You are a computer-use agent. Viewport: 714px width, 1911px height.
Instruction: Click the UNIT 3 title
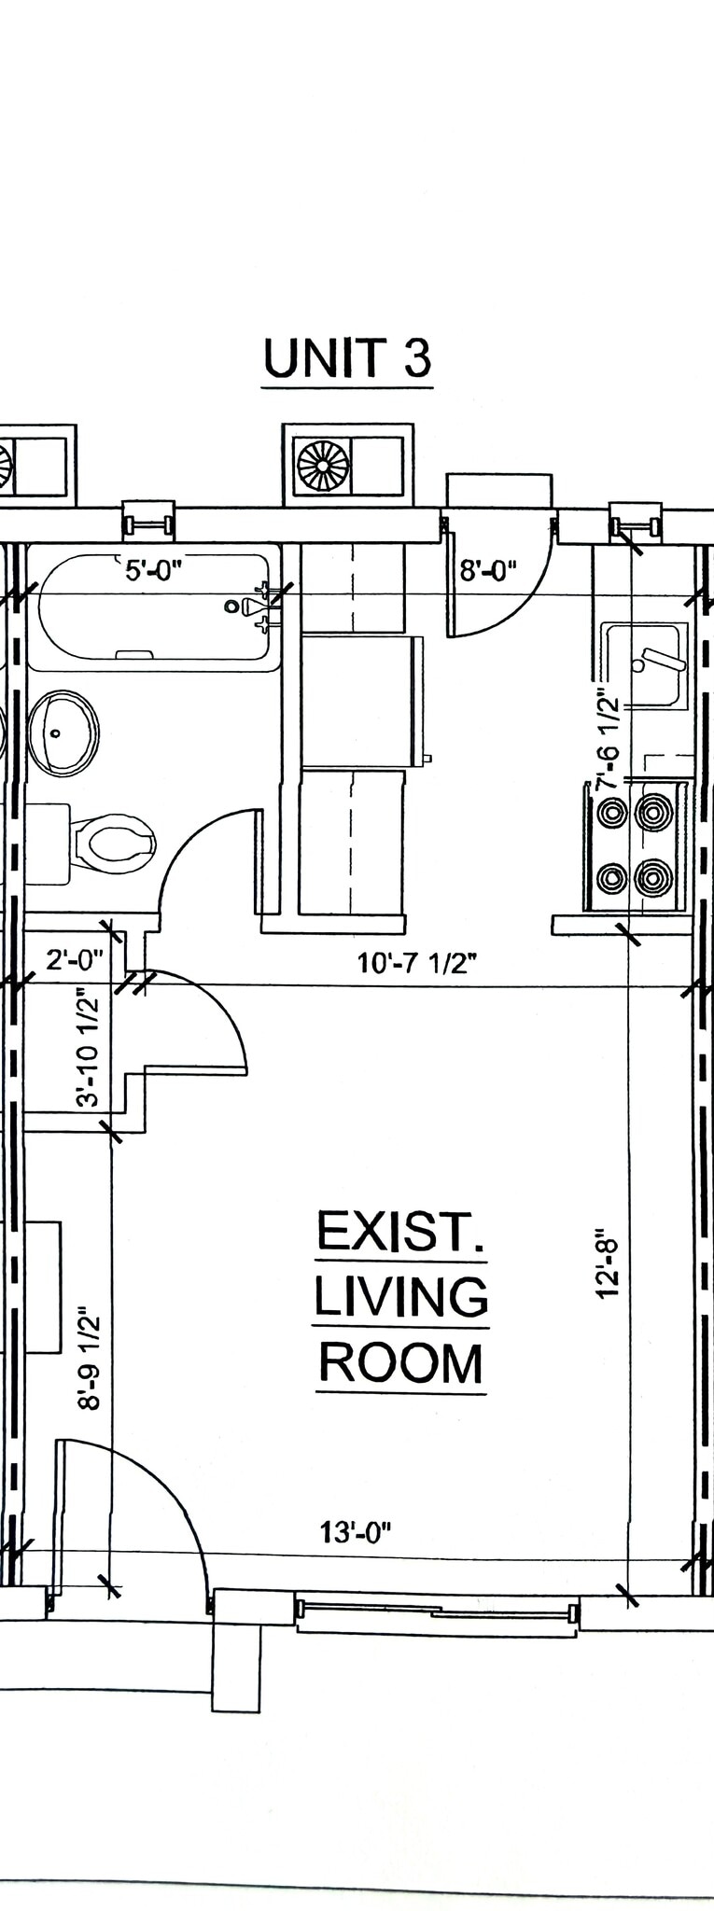(x=347, y=359)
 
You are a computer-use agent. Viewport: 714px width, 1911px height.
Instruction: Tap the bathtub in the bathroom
(x=154, y=612)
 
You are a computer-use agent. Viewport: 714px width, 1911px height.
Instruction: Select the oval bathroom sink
(x=63, y=732)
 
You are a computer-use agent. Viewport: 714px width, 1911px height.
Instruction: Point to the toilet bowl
(x=115, y=843)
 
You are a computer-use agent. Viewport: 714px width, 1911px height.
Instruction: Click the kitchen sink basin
(x=644, y=665)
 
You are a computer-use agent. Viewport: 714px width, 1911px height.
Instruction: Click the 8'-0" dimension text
(x=488, y=570)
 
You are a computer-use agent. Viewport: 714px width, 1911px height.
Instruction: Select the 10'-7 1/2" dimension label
(x=417, y=963)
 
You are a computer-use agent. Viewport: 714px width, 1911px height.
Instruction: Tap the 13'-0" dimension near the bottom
(x=356, y=1532)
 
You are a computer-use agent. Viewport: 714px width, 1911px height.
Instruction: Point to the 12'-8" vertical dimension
(x=608, y=1263)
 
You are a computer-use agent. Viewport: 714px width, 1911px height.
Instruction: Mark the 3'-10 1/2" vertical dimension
(x=88, y=1052)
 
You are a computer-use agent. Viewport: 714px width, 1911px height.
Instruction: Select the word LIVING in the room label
(x=400, y=1297)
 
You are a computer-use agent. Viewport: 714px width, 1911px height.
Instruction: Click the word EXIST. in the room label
(x=400, y=1231)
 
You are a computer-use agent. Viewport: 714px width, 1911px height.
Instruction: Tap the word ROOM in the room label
(x=400, y=1363)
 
